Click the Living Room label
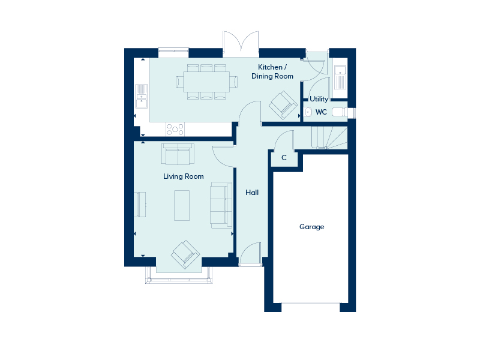tap(184, 176)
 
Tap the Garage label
tap(311, 227)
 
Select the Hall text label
tap(252, 192)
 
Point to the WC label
tap(321, 112)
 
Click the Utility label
tap(319, 99)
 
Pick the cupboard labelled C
tap(284, 158)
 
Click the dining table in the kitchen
tap(206, 82)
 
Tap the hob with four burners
tap(175, 129)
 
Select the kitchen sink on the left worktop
tap(141, 96)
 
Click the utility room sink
tap(340, 77)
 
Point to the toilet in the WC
tap(340, 112)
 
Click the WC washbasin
tap(308, 112)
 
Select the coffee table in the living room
tap(182, 205)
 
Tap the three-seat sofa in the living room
tap(221, 205)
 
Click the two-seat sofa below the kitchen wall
tap(178, 154)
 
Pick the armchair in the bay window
tap(185, 254)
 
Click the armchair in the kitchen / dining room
tap(283, 105)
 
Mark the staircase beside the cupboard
tap(329, 138)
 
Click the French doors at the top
tap(241, 44)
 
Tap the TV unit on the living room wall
tap(140, 205)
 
